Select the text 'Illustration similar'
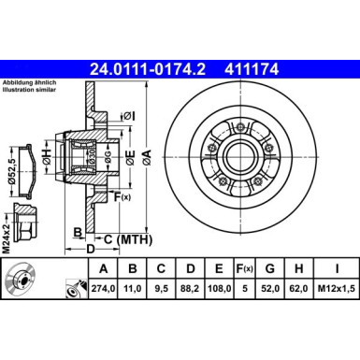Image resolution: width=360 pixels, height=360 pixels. click(31, 94)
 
